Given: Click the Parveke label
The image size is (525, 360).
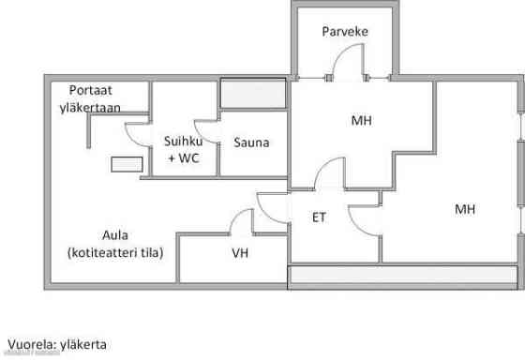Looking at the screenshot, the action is pyautogui.click(x=344, y=32).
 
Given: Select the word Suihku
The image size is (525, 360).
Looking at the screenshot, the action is pyautogui.click(x=182, y=142).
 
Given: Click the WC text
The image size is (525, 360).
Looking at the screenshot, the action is pyautogui.click(x=189, y=158).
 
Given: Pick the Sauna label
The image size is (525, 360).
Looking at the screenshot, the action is pyautogui.click(x=250, y=143).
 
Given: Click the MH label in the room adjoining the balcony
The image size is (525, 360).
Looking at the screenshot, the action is pyautogui.click(x=361, y=121).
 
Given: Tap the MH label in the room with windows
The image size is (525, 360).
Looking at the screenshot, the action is pyautogui.click(x=464, y=208).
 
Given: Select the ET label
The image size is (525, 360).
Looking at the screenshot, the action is pyautogui.click(x=319, y=217).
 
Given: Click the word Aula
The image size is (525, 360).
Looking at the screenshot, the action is pyautogui.click(x=115, y=234).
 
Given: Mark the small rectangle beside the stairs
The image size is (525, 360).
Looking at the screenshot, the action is pyautogui.click(x=126, y=164).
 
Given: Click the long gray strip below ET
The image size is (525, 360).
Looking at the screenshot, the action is pyautogui.click(x=403, y=277).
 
